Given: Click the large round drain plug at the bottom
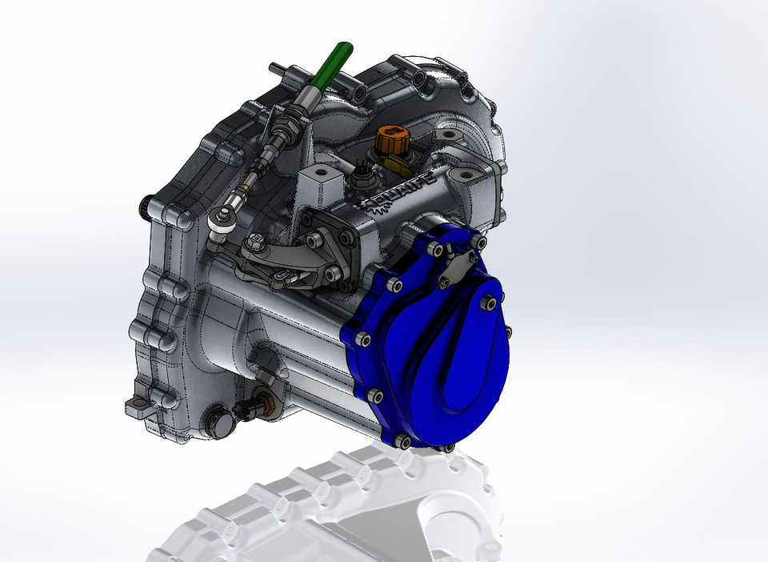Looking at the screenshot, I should (x=217, y=421).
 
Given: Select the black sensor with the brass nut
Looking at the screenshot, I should (x=250, y=409).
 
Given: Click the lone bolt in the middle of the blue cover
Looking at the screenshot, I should (x=488, y=303).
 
